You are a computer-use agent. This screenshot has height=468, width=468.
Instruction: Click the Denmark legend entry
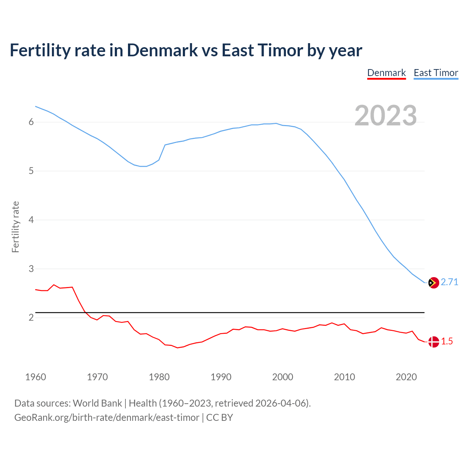point(386,73)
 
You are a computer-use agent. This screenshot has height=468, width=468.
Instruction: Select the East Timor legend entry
point(436,73)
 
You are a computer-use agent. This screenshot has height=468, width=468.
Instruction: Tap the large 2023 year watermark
point(386,116)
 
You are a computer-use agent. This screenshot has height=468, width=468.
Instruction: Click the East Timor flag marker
point(433,283)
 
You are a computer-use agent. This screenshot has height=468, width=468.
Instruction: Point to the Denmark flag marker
point(433,342)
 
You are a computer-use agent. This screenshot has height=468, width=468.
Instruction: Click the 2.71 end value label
point(449,282)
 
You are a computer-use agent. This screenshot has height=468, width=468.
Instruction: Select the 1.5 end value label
point(447,341)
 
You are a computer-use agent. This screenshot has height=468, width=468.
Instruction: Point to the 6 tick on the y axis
point(31,122)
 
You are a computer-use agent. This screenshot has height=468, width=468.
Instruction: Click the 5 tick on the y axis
point(31,171)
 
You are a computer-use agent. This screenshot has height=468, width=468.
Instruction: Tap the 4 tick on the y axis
point(31,220)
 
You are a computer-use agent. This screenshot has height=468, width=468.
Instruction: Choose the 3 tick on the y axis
point(31,269)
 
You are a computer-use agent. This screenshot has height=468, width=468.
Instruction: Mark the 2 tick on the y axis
point(31,318)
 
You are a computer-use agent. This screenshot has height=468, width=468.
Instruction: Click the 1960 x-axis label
point(35,377)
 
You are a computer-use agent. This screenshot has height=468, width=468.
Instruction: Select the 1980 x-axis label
point(159,377)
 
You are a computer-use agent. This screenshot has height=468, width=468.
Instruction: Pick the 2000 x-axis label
point(283,377)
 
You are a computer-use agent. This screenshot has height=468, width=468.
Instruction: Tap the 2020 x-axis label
point(406,377)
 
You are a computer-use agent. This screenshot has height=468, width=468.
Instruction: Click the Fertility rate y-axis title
point(15,227)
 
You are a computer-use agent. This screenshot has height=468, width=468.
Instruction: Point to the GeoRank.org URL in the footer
point(107,418)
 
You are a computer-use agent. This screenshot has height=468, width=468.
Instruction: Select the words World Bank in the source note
point(97,403)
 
